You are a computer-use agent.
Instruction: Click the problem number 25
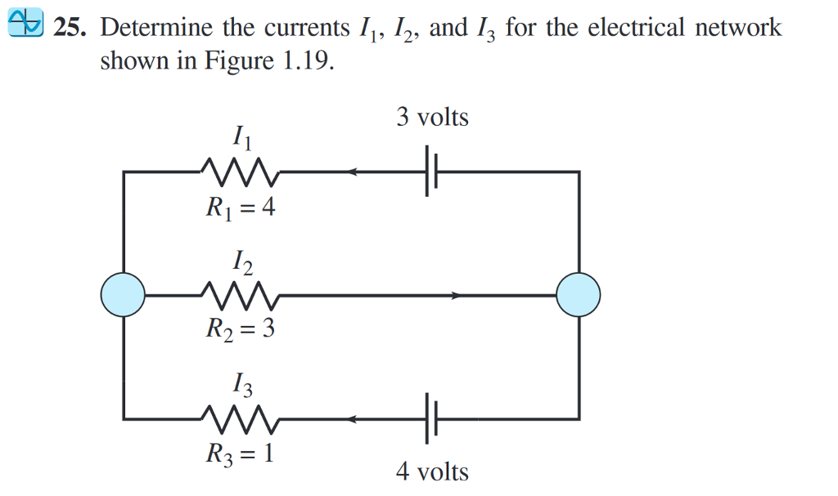(69, 29)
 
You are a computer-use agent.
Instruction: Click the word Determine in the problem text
(157, 29)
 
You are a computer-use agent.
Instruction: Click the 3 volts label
(432, 118)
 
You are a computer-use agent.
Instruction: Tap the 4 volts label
(432, 471)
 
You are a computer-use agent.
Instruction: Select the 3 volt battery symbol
(431, 172)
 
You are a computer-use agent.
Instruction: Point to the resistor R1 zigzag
(241, 172)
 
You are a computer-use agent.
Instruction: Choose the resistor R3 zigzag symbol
(241, 419)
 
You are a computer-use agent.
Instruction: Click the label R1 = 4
(240, 209)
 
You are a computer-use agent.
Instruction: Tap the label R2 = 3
(240, 329)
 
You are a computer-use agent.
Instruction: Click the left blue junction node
(123, 295)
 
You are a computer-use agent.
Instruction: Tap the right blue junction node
(578, 294)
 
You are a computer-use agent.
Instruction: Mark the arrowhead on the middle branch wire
(457, 295)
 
